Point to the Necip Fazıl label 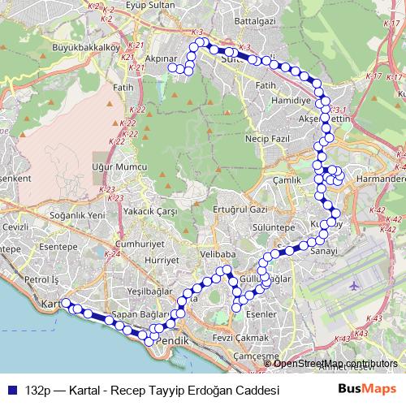266,140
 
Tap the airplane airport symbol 353,287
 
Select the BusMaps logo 367,389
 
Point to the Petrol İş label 42,279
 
